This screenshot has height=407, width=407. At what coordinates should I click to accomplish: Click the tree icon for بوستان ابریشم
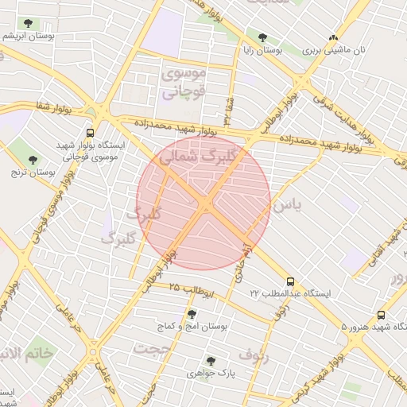[29, 23]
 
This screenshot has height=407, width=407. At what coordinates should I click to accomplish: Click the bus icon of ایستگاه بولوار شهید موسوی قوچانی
[89, 133]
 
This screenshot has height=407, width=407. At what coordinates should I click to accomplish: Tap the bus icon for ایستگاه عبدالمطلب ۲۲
[290, 281]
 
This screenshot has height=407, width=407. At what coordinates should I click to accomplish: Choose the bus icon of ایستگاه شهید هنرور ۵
[382, 315]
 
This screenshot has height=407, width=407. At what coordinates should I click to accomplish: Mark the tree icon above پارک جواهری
[211, 360]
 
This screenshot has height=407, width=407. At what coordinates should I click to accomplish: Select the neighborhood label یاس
[288, 205]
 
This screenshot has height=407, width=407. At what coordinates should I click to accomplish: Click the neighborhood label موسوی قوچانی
[184, 83]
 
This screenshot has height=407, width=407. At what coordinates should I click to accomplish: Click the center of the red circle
[203, 203]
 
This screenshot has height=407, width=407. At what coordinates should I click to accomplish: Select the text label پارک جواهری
[210, 373]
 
